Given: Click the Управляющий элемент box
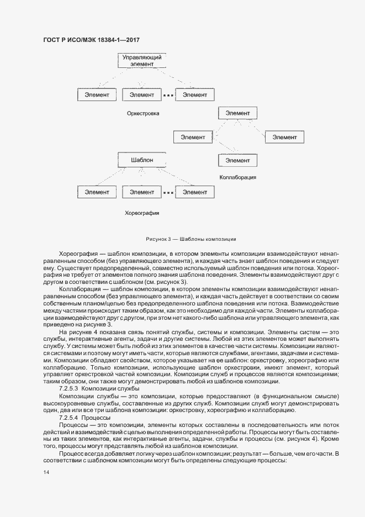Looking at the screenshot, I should pyautogui.click(x=142, y=60).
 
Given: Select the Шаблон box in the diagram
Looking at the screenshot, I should pyautogui.click(x=142, y=160).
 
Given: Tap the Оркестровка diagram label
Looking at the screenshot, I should pyautogui.click(x=142, y=114).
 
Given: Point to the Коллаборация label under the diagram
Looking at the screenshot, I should pyautogui.click(x=237, y=177).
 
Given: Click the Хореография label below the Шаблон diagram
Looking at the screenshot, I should pyautogui.click(x=142, y=212).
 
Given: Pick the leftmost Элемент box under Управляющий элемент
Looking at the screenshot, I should pyautogui.click(x=97, y=95).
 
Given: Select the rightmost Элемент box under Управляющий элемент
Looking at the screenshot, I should pyautogui.click(x=194, y=95).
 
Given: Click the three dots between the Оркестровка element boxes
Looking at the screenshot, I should pyautogui.click(x=168, y=96).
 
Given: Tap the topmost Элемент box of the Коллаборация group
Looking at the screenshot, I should pyautogui.click(x=237, y=113).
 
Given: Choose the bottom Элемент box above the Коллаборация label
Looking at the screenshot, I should pyautogui.click(x=237, y=160).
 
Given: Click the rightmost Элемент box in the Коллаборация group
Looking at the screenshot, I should pyautogui.click(x=284, y=137).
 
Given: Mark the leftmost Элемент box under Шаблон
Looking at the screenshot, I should pyautogui.click(x=97, y=192).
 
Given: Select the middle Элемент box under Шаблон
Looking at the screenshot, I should pyautogui.click(x=142, y=192).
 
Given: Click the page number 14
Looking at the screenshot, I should pyautogui.click(x=45, y=472).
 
